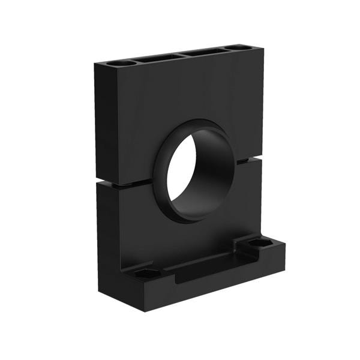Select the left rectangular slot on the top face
coord(157,58)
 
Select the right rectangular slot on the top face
coord(203,52)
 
